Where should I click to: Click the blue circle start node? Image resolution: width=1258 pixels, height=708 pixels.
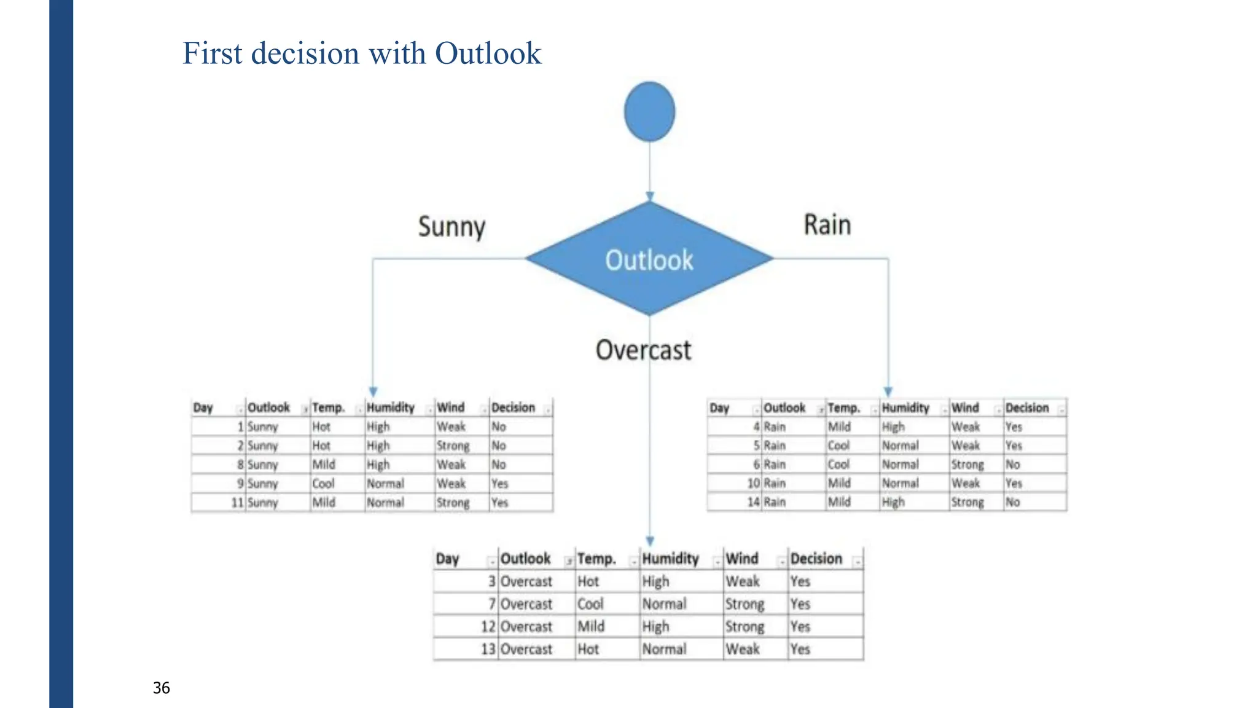[x=649, y=112]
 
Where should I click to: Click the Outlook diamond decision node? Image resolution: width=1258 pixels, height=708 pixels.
[x=649, y=259]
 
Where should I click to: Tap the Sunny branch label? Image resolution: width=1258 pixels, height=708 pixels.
[x=451, y=227]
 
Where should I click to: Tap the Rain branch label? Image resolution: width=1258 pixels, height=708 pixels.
[x=827, y=225]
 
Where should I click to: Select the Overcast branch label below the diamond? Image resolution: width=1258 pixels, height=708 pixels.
[x=643, y=350]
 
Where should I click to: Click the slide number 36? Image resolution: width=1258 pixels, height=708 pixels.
[x=162, y=688]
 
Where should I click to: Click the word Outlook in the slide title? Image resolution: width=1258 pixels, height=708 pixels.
[x=488, y=53]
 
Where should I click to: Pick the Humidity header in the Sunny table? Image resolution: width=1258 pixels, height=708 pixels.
[x=391, y=407]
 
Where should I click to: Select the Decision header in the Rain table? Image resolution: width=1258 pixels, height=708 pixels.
[x=1027, y=407]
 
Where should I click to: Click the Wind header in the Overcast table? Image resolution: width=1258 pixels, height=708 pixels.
[x=742, y=559]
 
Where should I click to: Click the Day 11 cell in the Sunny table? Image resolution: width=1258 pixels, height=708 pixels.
[x=237, y=503]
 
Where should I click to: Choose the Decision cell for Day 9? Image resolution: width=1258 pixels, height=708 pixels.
[x=500, y=484]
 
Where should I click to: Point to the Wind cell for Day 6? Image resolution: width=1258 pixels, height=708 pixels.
[x=967, y=465]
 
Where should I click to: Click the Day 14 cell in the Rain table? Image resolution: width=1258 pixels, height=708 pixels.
[x=753, y=502]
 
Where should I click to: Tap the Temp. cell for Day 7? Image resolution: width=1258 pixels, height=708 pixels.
[x=590, y=604]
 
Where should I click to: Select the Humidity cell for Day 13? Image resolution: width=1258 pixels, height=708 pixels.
[x=664, y=649]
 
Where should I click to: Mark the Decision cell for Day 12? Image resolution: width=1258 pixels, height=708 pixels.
[x=800, y=627]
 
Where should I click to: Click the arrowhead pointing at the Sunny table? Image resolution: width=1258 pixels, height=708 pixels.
[x=373, y=391]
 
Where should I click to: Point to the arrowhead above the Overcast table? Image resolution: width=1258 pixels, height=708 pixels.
[x=650, y=541]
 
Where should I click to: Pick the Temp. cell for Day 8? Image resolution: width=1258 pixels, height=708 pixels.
[x=324, y=465]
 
